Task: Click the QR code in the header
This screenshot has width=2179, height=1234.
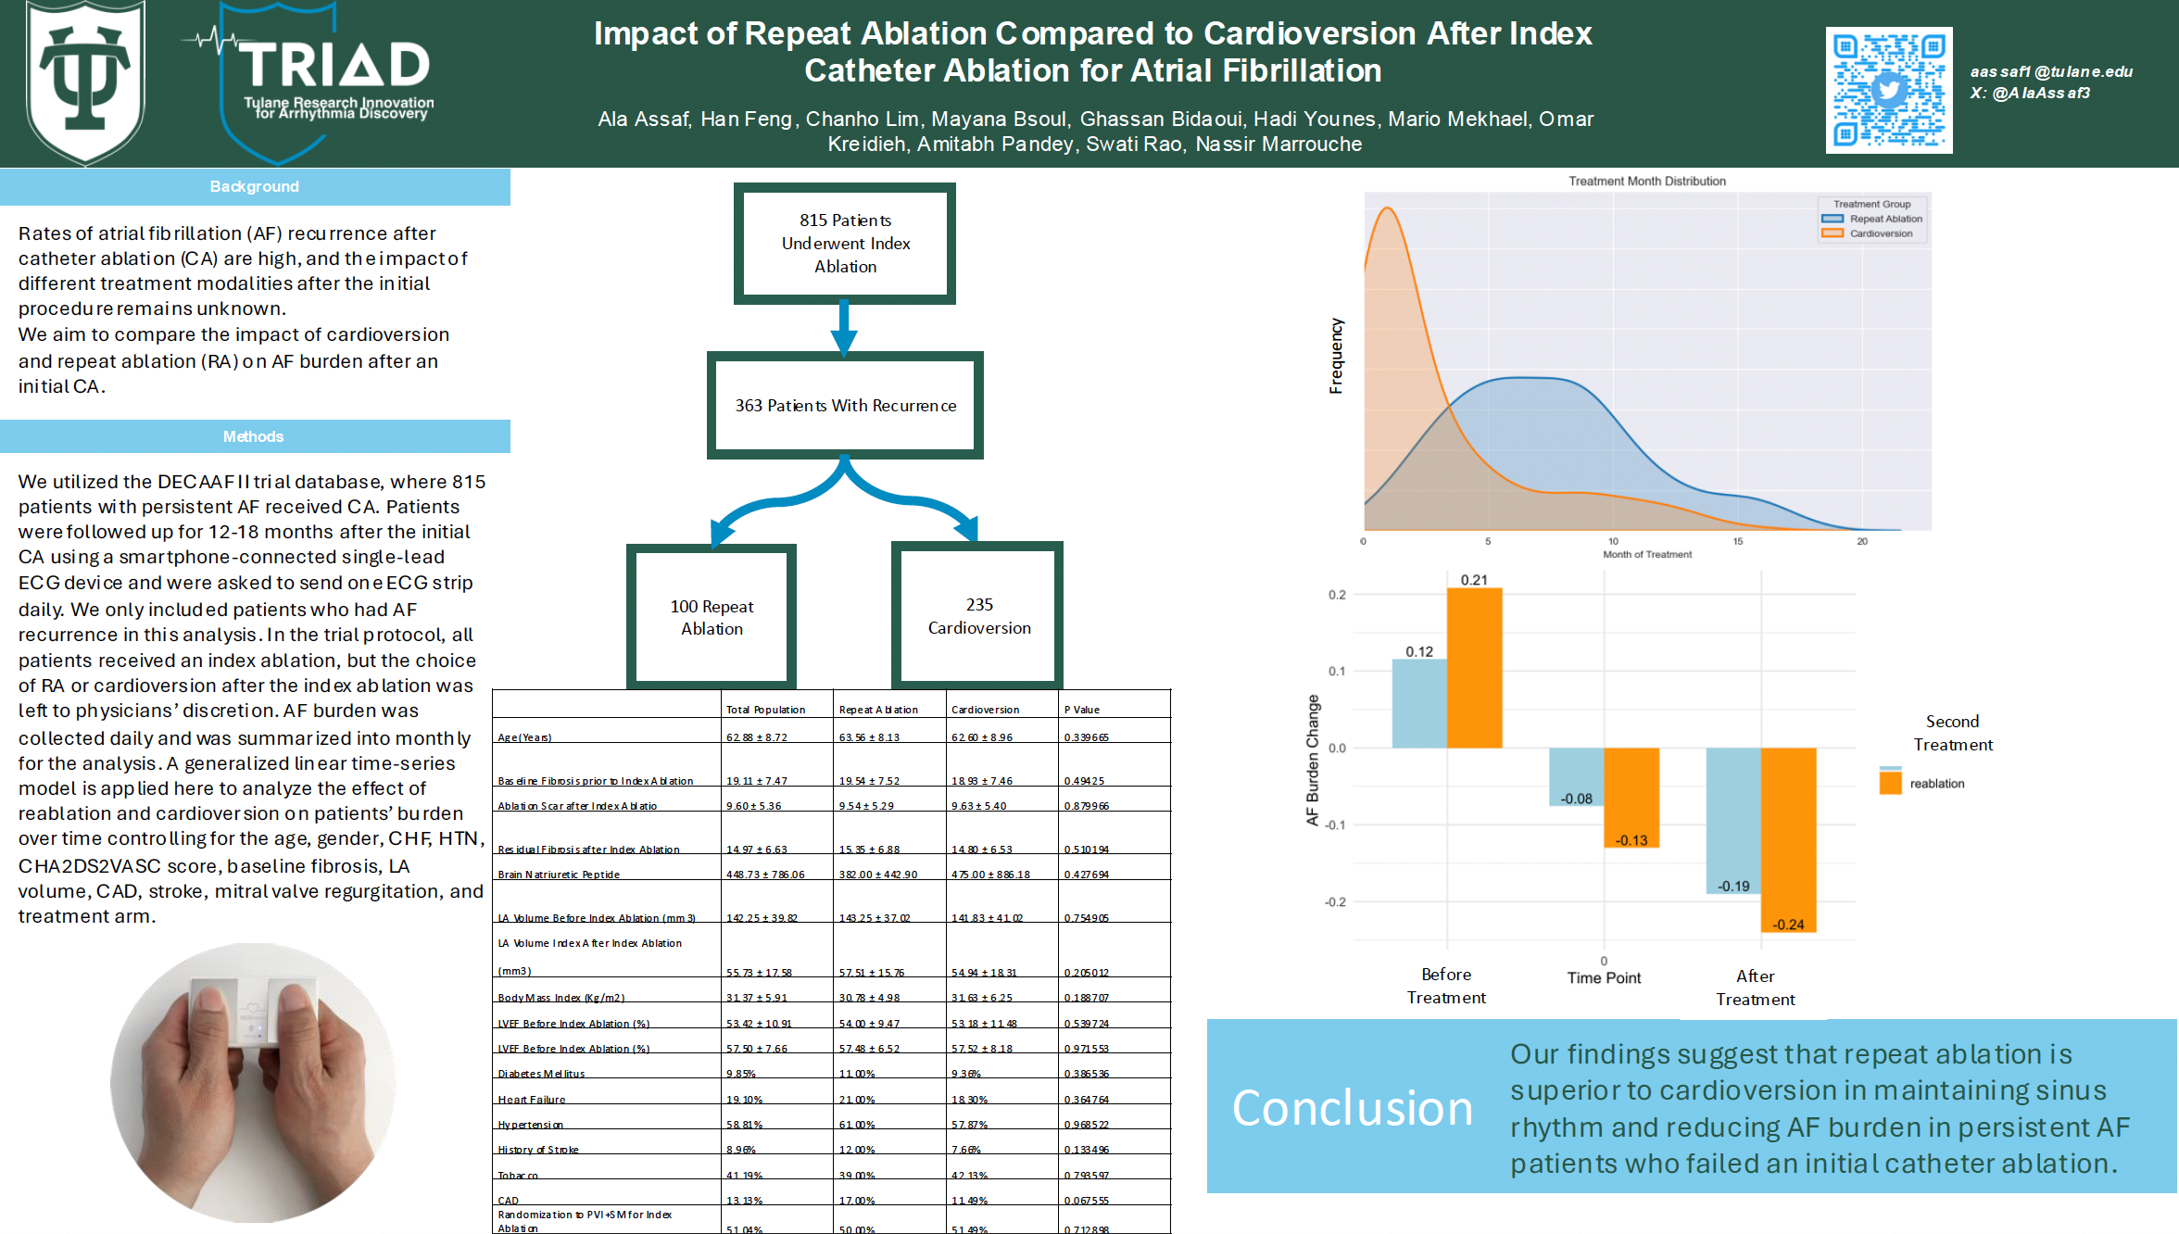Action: tap(1888, 90)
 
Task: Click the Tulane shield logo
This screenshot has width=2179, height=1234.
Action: tap(85, 81)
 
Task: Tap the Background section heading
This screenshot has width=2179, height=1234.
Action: tap(255, 186)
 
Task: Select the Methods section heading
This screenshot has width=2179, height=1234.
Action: tap(254, 436)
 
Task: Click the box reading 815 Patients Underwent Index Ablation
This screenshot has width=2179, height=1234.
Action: tap(845, 244)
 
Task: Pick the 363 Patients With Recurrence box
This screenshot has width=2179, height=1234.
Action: tap(845, 406)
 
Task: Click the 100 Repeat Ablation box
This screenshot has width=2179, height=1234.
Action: tap(712, 617)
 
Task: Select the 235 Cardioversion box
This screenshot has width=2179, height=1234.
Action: tap(978, 616)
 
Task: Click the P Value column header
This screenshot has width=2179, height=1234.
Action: tap(1082, 710)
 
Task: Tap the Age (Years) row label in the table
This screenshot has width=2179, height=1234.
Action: tap(524, 737)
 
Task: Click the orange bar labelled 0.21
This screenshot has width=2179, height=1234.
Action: tap(1474, 667)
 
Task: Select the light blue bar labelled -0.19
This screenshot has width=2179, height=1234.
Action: tap(1732, 820)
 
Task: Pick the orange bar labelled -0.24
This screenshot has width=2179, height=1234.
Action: tap(1788, 838)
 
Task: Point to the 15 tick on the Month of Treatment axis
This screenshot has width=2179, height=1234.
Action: tap(1738, 541)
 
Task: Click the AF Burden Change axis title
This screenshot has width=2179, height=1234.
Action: tap(1312, 760)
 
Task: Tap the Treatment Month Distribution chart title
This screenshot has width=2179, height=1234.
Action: tap(1646, 182)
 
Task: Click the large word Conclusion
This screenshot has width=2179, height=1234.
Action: tap(1352, 1108)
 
